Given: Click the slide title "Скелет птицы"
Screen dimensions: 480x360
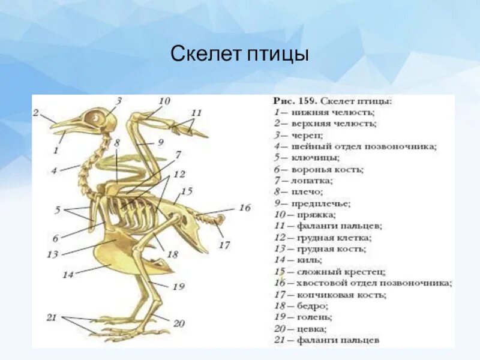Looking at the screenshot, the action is tap(239, 56).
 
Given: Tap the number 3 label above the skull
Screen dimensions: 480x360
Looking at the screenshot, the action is tap(119, 101).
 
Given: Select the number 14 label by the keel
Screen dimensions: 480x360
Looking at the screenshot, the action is tap(68, 275).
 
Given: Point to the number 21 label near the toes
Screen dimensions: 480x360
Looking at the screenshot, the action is tap(52, 317).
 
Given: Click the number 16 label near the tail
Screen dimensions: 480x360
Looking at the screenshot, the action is tap(244, 208).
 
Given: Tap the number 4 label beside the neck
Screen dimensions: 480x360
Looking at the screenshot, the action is tap(54, 170).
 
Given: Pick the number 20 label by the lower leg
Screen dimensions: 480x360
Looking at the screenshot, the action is tap(179, 323).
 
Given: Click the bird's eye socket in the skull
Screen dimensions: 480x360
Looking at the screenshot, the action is tap(94, 118).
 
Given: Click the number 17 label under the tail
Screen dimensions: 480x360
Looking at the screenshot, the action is tap(224, 245).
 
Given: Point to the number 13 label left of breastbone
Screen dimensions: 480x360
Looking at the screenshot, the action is tap(53, 254).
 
